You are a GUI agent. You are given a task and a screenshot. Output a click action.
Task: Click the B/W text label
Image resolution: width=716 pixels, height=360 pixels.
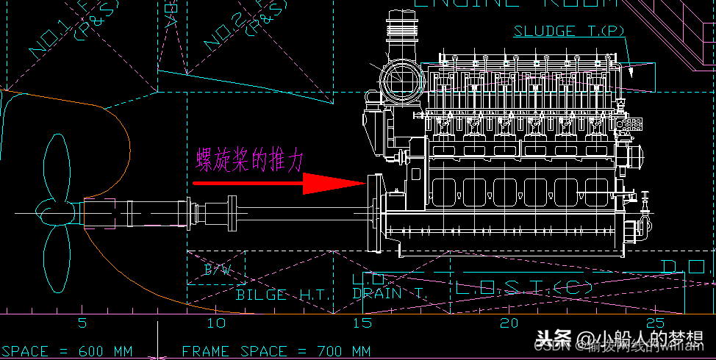(217, 270)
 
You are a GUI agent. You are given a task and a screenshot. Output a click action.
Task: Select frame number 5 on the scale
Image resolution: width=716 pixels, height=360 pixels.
(82, 323)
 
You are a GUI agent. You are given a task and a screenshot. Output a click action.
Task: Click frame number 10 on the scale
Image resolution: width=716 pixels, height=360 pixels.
(216, 323)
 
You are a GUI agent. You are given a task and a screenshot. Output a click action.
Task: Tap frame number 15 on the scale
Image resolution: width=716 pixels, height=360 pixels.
(362, 323)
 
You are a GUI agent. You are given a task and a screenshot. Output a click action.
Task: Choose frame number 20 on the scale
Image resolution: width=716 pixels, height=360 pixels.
(509, 323)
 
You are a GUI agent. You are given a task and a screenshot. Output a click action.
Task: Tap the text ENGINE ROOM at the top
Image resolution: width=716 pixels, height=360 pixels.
(515, 4)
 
